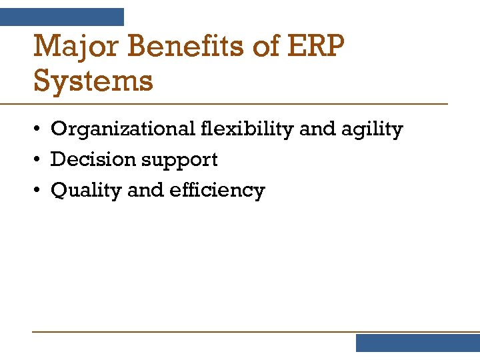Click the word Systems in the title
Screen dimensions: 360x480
click(93, 82)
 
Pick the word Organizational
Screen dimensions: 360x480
click(124, 129)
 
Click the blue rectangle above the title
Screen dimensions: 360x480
click(62, 17)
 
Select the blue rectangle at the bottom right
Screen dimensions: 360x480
click(417, 343)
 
